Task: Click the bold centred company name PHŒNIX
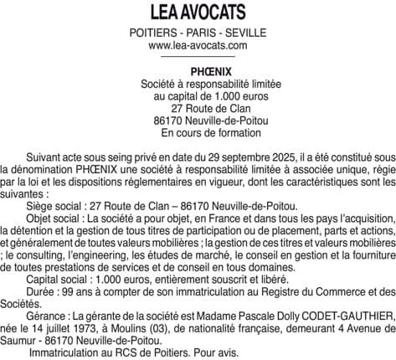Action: click(198, 72)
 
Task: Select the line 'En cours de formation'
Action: click(198, 132)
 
